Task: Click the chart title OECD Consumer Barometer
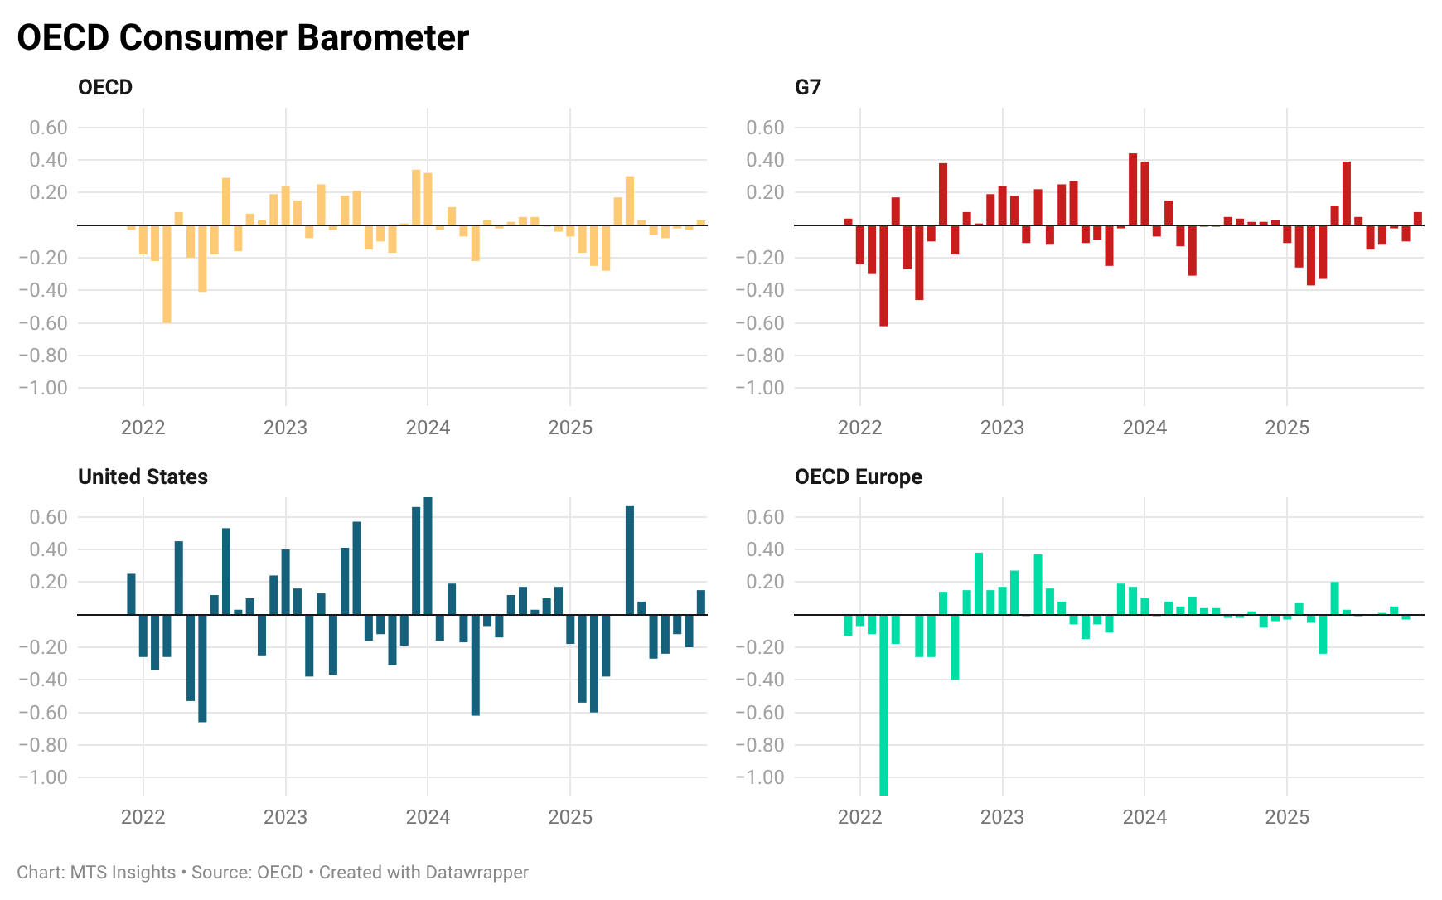pos(243,38)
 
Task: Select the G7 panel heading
pos(807,87)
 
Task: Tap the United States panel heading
pos(143,477)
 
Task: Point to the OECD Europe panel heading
pos(858,477)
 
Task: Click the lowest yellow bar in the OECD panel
pos(167,273)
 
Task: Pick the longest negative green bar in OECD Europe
pos(883,704)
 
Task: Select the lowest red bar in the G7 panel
pos(883,275)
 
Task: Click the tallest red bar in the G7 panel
pos(1133,189)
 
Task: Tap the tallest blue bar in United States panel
pos(428,555)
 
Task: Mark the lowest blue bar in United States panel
pos(202,668)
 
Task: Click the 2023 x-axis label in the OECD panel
pos(285,428)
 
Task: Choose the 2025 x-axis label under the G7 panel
pos(1286,428)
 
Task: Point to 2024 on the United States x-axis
pos(428,817)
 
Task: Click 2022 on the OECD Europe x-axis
pos(859,817)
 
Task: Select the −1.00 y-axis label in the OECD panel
pos(43,388)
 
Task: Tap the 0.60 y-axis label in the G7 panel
pos(764,128)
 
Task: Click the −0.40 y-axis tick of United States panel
pos(43,680)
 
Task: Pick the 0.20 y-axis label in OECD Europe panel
pos(764,582)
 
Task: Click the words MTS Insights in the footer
pos(123,873)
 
